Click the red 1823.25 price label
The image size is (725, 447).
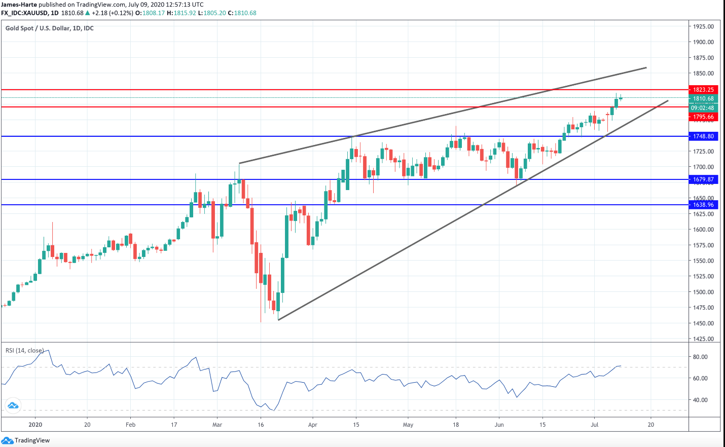(x=703, y=90)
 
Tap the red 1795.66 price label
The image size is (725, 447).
(x=703, y=117)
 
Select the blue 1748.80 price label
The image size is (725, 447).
(x=703, y=136)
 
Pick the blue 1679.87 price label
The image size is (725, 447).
(x=703, y=179)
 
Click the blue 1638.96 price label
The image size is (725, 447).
(x=703, y=205)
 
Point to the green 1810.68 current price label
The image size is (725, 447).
(x=703, y=99)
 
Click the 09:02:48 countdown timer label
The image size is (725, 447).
(x=703, y=108)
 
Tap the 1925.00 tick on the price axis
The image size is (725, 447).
(x=703, y=26)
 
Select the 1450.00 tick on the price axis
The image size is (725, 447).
(x=703, y=323)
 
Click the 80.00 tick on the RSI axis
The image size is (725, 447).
(x=700, y=357)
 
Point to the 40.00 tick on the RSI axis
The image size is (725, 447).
(x=700, y=400)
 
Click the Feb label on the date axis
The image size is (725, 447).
(x=130, y=425)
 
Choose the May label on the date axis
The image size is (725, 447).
(x=408, y=425)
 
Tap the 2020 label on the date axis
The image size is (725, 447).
(x=35, y=425)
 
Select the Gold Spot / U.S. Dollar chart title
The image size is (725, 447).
(x=49, y=28)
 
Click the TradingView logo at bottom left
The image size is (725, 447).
(x=26, y=440)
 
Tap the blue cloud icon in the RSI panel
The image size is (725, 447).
(x=13, y=405)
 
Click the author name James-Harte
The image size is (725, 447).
(x=19, y=5)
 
